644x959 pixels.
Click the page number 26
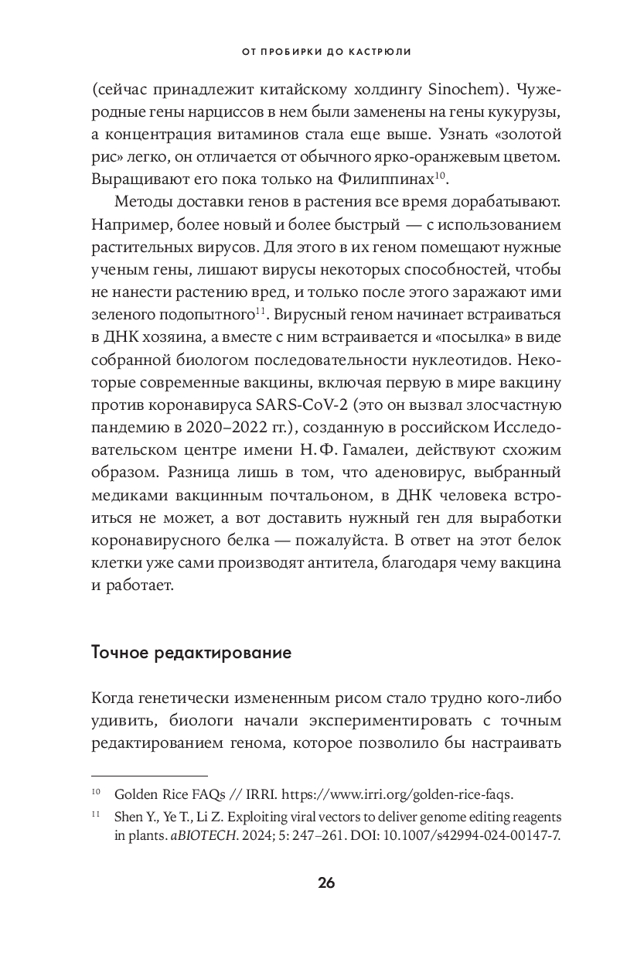(x=325, y=883)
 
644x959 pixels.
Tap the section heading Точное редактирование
(x=191, y=652)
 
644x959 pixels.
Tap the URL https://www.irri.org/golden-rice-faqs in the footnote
(x=396, y=794)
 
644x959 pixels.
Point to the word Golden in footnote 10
(x=135, y=794)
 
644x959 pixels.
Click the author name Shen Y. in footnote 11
(x=133, y=817)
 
